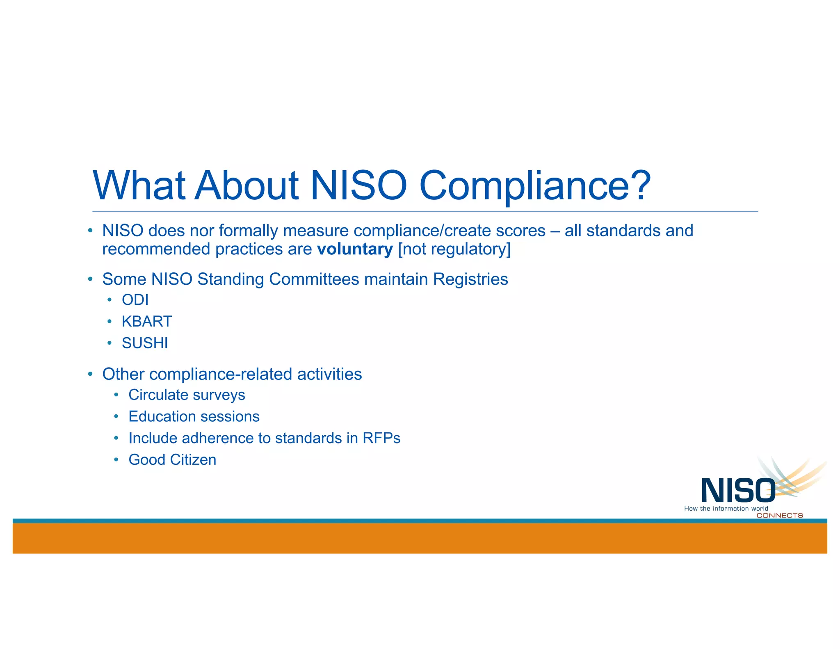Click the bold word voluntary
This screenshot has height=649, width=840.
click(355, 249)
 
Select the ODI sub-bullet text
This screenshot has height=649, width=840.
click(135, 300)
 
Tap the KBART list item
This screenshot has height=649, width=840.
click(147, 321)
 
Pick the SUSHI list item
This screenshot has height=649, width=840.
click(145, 343)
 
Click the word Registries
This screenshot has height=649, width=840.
click(470, 279)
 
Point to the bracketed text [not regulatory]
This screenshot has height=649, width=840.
click(454, 249)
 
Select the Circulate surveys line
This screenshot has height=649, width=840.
click(187, 395)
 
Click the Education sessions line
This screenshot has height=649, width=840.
click(194, 416)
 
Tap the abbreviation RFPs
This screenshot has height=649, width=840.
click(381, 438)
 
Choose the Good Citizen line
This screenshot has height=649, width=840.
click(172, 460)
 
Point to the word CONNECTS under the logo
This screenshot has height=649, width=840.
click(779, 516)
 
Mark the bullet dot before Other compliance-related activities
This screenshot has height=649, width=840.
click(90, 374)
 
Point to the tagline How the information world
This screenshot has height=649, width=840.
click(726, 509)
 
